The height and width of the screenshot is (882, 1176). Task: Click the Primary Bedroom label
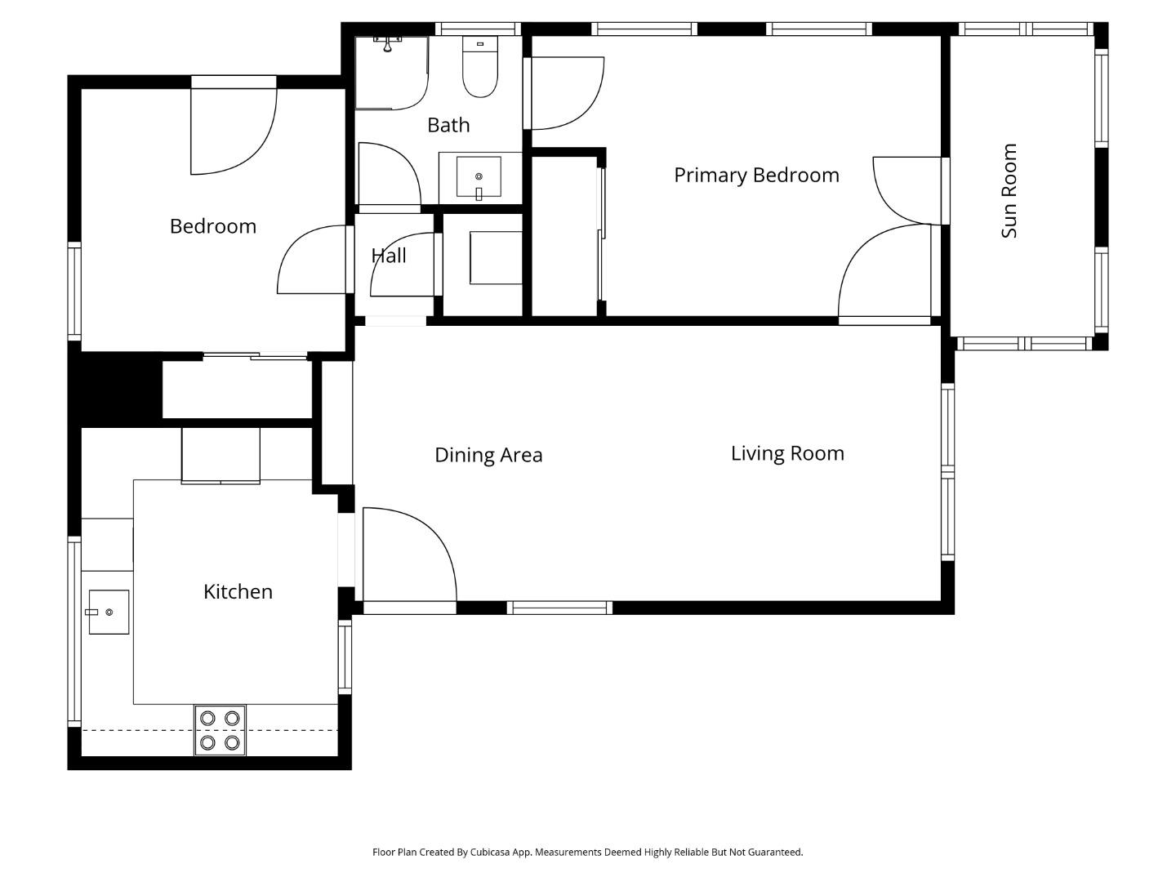coord(756,175)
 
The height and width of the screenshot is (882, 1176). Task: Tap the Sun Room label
coord(1009,191)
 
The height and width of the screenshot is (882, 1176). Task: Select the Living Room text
coord(787,453)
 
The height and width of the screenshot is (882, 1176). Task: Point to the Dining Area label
coord(488,455)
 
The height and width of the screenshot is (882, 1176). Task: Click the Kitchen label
coord(238,591)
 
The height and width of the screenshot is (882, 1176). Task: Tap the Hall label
coord(389,256)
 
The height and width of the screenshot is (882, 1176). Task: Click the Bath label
coord(448,125)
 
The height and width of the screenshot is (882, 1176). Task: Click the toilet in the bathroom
coord(480,67)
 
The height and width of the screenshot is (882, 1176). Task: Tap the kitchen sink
coord(109,612)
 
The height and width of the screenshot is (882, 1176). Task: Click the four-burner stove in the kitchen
coord(220,730)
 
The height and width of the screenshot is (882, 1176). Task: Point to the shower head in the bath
coord(388,42)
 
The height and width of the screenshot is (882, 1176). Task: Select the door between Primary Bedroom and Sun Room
coord(906,189)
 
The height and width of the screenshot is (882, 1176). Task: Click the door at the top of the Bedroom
coord(233,131)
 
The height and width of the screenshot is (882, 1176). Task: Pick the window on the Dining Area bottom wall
coord(559,608)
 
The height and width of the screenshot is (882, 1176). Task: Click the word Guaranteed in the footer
coord(776,852)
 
